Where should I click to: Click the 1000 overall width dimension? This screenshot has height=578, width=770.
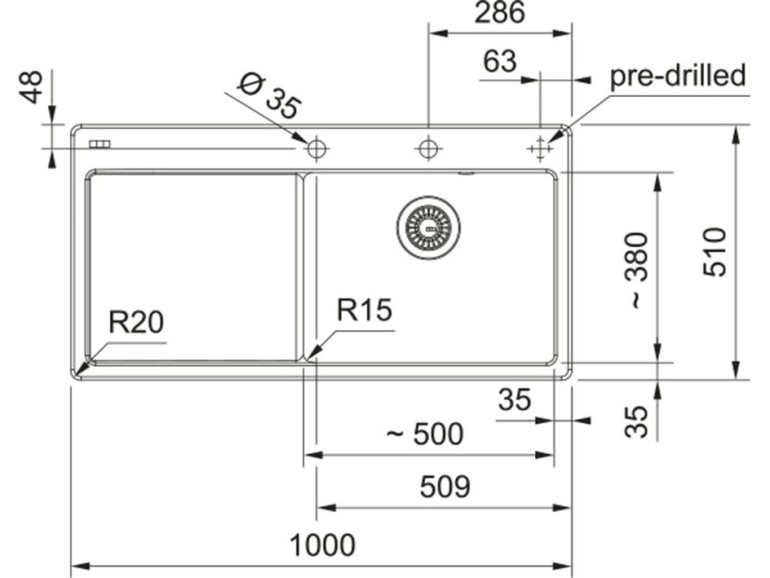pos(323,544)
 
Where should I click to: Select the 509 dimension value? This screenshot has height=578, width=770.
pos(445,487)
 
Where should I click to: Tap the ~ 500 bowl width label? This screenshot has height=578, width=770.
pos(425,433)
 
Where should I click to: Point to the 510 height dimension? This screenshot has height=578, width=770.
pos(714,252)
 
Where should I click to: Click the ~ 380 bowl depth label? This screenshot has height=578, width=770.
pos(638,270)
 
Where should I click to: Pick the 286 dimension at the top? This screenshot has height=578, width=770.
pos(500,12)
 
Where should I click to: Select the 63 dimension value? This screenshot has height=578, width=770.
pos(500,62)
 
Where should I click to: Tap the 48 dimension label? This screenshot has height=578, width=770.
pos(31,87)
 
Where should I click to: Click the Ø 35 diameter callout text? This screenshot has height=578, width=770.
pos(269,97)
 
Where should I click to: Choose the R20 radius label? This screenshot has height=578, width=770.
pos(136,323)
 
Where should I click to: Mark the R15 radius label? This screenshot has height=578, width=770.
pos(364,310)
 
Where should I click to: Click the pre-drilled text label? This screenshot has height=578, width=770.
pos(678,76)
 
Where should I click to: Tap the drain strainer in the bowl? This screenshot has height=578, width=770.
pos(429,227)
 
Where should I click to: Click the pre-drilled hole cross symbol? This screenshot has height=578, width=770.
pos(540,148)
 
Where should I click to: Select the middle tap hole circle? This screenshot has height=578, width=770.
pos(428,148)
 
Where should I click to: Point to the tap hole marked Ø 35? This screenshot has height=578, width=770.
pos(317,148)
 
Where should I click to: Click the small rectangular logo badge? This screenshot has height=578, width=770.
pos(100,144)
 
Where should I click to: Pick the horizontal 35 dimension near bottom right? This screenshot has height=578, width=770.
pos(515,400)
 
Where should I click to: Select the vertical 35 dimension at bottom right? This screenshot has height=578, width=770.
pos(637,421)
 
